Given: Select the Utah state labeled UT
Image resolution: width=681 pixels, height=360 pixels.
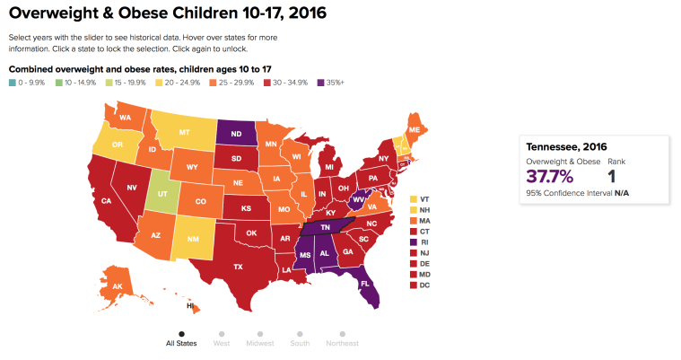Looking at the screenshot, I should tap(162, 193).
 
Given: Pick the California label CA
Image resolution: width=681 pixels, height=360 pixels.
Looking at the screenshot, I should tap(106, 201).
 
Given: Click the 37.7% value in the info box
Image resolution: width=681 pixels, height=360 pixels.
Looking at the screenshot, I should tap(549, 175).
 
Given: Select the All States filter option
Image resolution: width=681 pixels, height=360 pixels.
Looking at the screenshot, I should tap(181, 342).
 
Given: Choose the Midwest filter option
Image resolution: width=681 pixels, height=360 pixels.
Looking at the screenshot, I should tap(260, 342).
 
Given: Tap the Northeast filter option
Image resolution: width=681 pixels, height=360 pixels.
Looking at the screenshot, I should tap(342, 342).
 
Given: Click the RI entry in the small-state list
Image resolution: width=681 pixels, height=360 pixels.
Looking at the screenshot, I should tap(424, 241).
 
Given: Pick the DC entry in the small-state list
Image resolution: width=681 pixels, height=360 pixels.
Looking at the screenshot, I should tap(424, 285).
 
